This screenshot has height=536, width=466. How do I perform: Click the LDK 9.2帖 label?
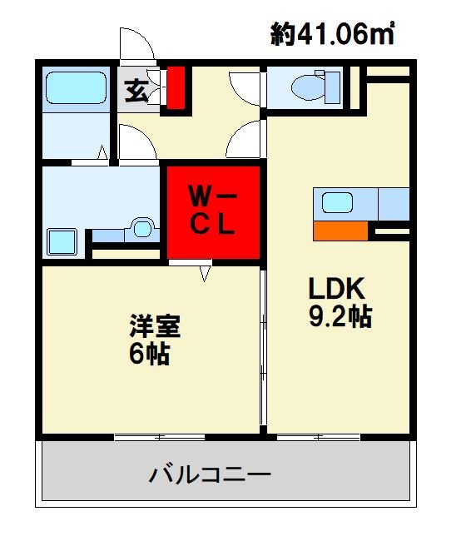(x=339, y=302)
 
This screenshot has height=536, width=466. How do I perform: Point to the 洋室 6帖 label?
(x=155, y=340)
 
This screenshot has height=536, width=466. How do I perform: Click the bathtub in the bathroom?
(x=76, y=87)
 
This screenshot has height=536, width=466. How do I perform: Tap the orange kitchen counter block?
(x=340, y=230)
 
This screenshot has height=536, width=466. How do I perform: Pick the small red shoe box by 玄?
(x=176, y=87)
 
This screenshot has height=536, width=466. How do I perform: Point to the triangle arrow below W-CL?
(x=205, y=271)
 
